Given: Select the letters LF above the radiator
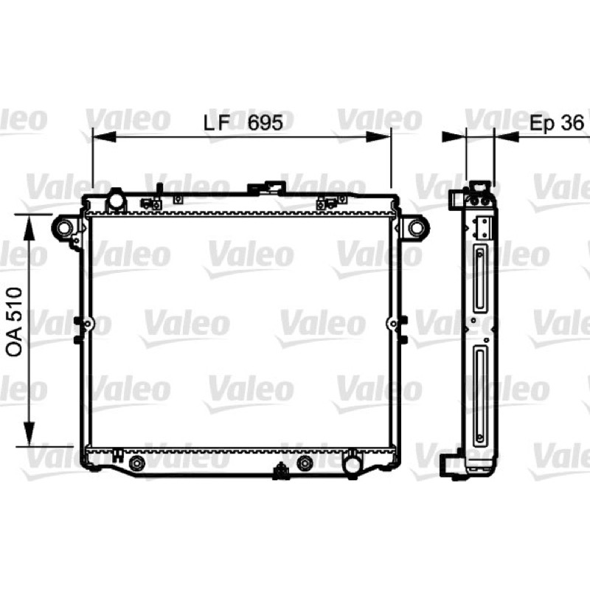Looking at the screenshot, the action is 216,122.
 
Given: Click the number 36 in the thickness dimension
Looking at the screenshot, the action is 572,122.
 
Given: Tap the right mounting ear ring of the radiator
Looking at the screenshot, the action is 416,227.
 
